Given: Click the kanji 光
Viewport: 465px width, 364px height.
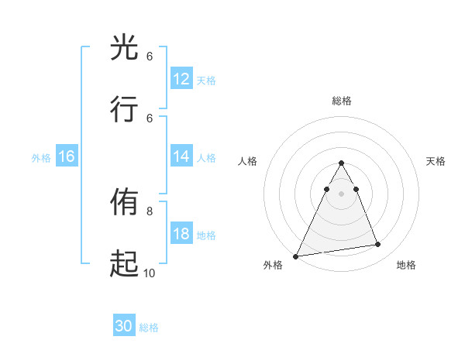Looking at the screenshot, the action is pos(125,48).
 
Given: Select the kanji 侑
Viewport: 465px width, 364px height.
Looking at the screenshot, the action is pos(125,203).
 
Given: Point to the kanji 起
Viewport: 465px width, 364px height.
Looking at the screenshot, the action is pos(125,264).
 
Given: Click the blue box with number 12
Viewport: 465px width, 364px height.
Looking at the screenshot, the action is pos(181,79).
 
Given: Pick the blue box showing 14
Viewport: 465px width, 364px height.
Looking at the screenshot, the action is pos(181,156).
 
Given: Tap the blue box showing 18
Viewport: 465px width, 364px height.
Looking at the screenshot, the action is pos(181,234).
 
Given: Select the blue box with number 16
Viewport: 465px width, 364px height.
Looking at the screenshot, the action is pos(67,156).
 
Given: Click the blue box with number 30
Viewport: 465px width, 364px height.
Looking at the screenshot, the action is pos(124,326).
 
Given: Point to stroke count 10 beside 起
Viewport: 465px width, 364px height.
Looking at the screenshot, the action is pos(149,273).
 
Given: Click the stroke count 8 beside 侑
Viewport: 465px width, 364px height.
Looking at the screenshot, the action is pos(150,210).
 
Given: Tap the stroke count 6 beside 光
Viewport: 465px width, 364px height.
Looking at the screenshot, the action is pos(150,57).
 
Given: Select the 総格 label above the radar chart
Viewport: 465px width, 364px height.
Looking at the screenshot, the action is pos(341,101).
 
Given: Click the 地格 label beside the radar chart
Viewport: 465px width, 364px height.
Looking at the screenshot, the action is pos(406,266).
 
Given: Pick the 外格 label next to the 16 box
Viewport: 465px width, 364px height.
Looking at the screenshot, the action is pos(41,157).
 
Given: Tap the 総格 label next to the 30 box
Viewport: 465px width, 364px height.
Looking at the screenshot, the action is pos(150,328).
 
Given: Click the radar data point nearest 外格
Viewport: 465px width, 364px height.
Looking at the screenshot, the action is pos(296,256).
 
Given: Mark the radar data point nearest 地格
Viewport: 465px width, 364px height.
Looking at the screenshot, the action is pos(377,245).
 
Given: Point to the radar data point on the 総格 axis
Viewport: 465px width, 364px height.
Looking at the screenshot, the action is pos(341,163).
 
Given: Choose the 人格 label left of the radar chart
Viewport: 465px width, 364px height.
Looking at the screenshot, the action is pos(248,161).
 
